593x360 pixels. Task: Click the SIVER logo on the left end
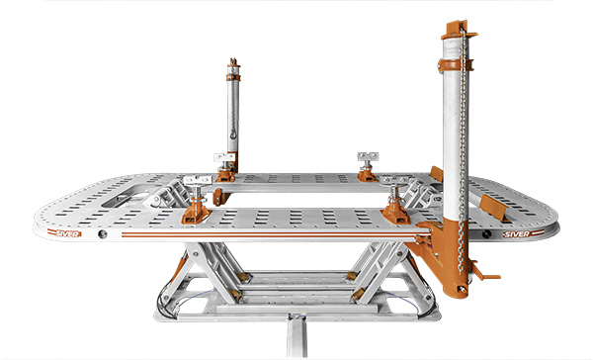(x=68, y=234)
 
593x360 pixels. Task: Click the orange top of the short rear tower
(x=233, y=70)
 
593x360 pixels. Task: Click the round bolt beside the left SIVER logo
(x=103, y=236)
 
